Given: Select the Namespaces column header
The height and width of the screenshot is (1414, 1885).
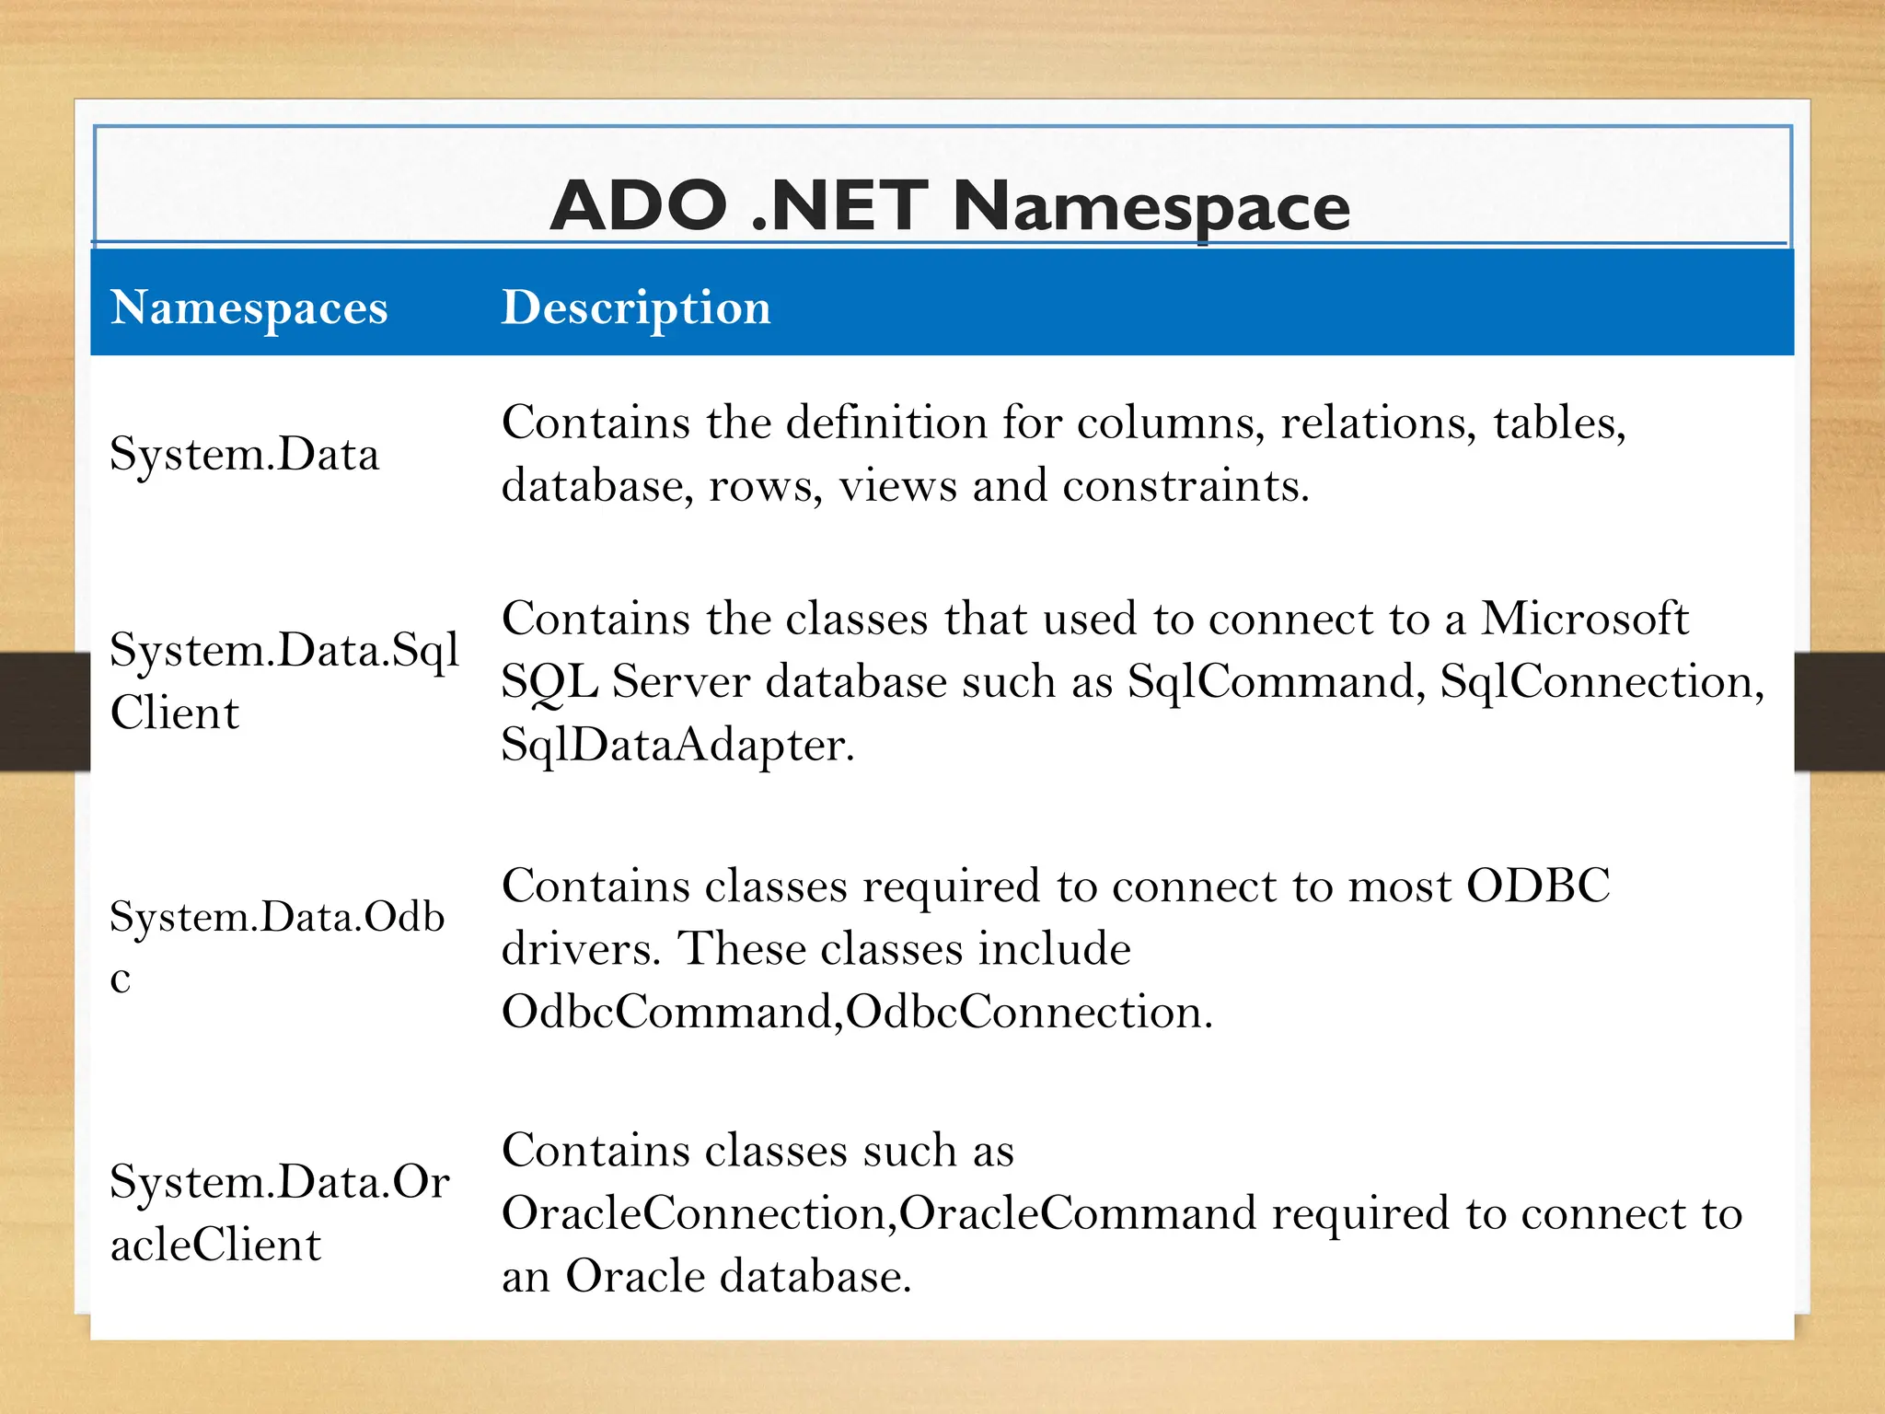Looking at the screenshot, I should click(x=249, y=308).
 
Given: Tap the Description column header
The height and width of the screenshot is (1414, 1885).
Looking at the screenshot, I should click(x=635, y=308).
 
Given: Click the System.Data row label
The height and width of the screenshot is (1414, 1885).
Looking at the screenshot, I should click(x=244, y=455).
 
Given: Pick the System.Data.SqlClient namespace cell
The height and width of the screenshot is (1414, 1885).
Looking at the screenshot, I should click(x=283, y=681).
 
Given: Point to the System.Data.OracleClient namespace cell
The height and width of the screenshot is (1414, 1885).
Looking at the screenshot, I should click(x=279, y=1212).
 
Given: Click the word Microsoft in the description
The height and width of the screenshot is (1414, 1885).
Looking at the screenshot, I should click(x=1584, y=619).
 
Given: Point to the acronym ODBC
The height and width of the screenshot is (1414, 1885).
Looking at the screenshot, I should click(x=1537, y=887).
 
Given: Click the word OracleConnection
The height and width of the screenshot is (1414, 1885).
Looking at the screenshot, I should click(x=695, y=1213).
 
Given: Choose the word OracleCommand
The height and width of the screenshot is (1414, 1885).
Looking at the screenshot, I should click(x=1077, y=1213).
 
